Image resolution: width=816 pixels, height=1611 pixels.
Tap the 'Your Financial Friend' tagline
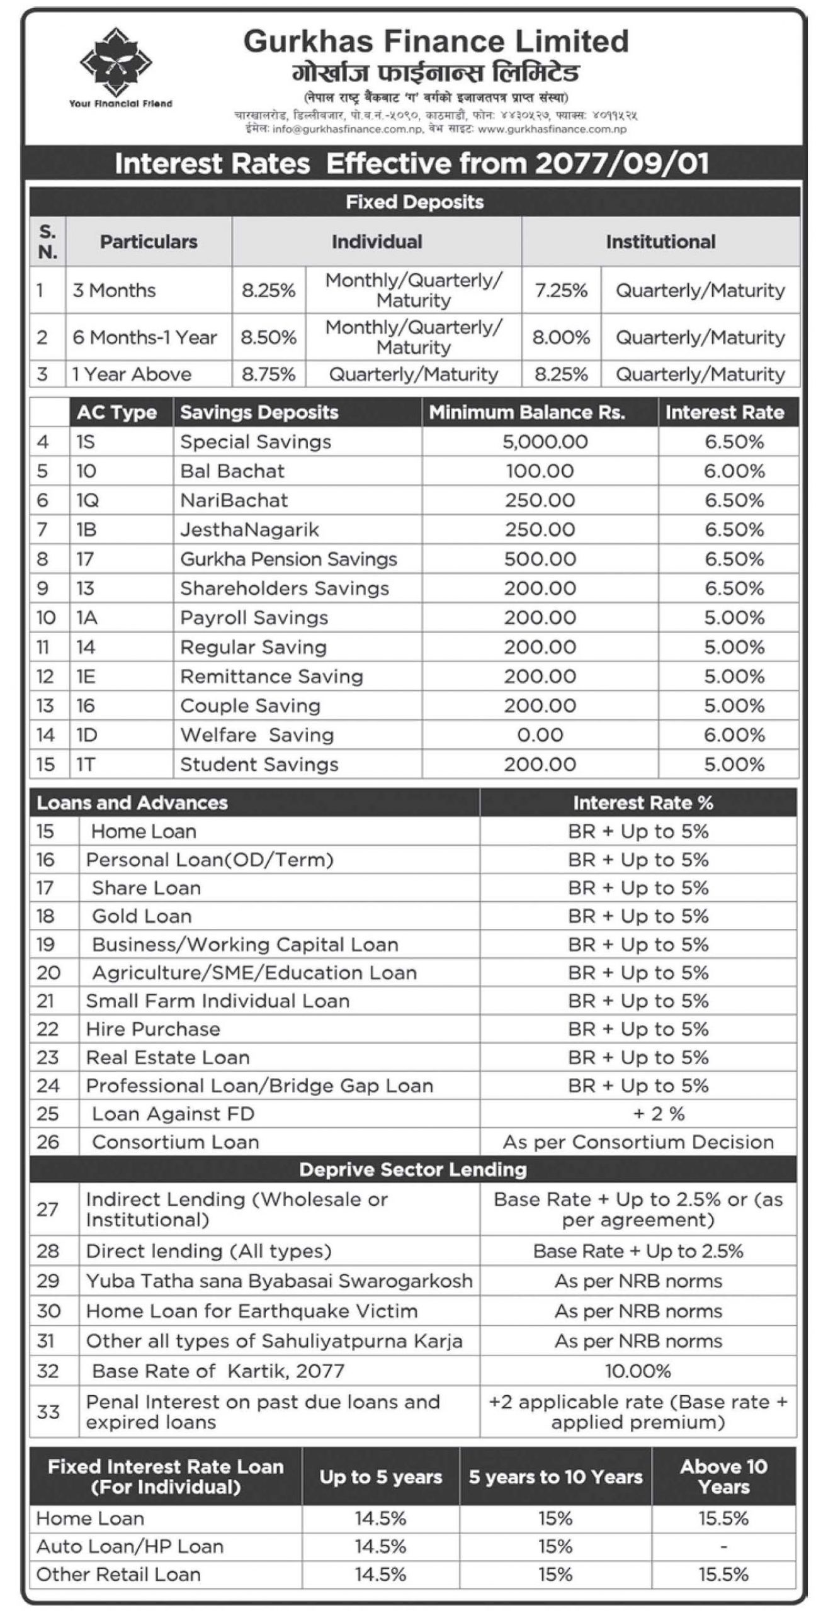tap(120, 103)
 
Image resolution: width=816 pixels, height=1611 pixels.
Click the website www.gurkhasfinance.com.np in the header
tap(552, 129)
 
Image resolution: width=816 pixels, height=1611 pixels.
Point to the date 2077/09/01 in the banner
tap(622, 164)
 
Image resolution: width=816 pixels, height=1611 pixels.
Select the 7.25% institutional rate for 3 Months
tap(560, 290)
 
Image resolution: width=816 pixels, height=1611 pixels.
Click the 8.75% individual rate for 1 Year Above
tap(268, 374)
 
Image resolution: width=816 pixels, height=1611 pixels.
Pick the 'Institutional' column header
tap(660, 242)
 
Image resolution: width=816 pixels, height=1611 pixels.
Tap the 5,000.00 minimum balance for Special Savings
tap(545, 442)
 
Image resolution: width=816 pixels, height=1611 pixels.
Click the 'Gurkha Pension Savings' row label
tap(288, 559)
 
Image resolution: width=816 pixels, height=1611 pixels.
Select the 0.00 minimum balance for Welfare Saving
tap(540, 735)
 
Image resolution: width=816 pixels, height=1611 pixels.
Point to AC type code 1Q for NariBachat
tap(88, 500)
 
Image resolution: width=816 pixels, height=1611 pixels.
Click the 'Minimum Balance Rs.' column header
tap(527, 412)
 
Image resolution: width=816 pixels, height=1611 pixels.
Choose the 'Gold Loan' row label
tap(142, 916)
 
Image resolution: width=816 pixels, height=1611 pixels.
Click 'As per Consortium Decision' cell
tap(638, 1142)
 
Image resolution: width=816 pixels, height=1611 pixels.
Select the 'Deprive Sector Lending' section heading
tap(412, 1170)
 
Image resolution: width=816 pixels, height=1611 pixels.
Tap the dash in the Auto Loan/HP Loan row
tap(723, 1546)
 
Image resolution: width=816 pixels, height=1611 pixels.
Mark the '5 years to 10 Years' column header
tap(555, 1477)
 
